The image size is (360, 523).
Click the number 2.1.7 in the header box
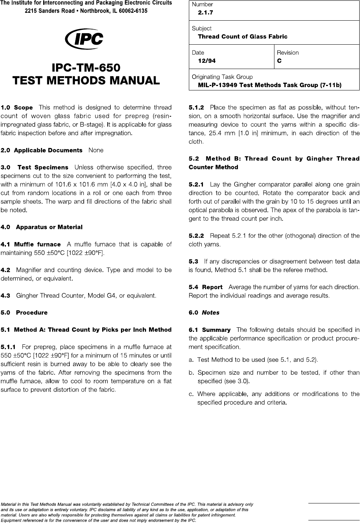point(205,13)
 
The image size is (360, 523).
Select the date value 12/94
point(207,61)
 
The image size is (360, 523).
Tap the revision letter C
point(279,61)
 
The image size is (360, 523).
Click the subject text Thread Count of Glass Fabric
point(242,37)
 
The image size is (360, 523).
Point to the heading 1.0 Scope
point(17,107)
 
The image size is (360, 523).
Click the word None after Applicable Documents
point(96,150)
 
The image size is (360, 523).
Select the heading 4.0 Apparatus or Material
point(42,227)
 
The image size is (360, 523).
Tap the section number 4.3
point(6,296)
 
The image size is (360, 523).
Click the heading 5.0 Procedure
point(24,313)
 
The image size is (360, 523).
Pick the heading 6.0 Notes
point(204,313)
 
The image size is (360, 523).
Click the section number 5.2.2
point(196,235)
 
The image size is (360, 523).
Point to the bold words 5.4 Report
point(205,287)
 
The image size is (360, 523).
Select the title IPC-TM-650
point(86,68)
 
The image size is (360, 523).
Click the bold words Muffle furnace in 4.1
point(37,244)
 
